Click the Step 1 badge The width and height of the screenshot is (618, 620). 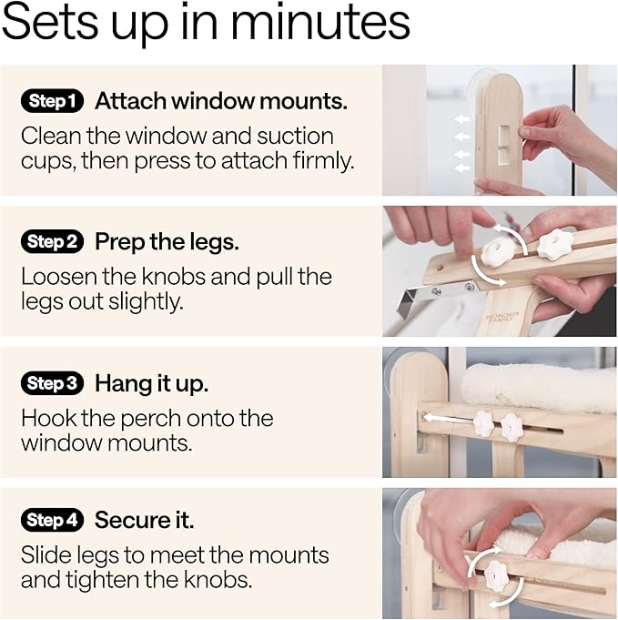point(52,101)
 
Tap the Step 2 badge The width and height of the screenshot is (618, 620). point(52,242)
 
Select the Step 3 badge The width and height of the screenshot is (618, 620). point(52,384)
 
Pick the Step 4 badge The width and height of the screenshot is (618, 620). point(52,521)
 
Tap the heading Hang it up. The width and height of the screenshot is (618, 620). point(151,384)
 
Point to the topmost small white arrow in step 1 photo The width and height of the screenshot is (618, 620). point(463,118)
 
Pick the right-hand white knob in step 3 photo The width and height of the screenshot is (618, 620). point(512,426)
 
